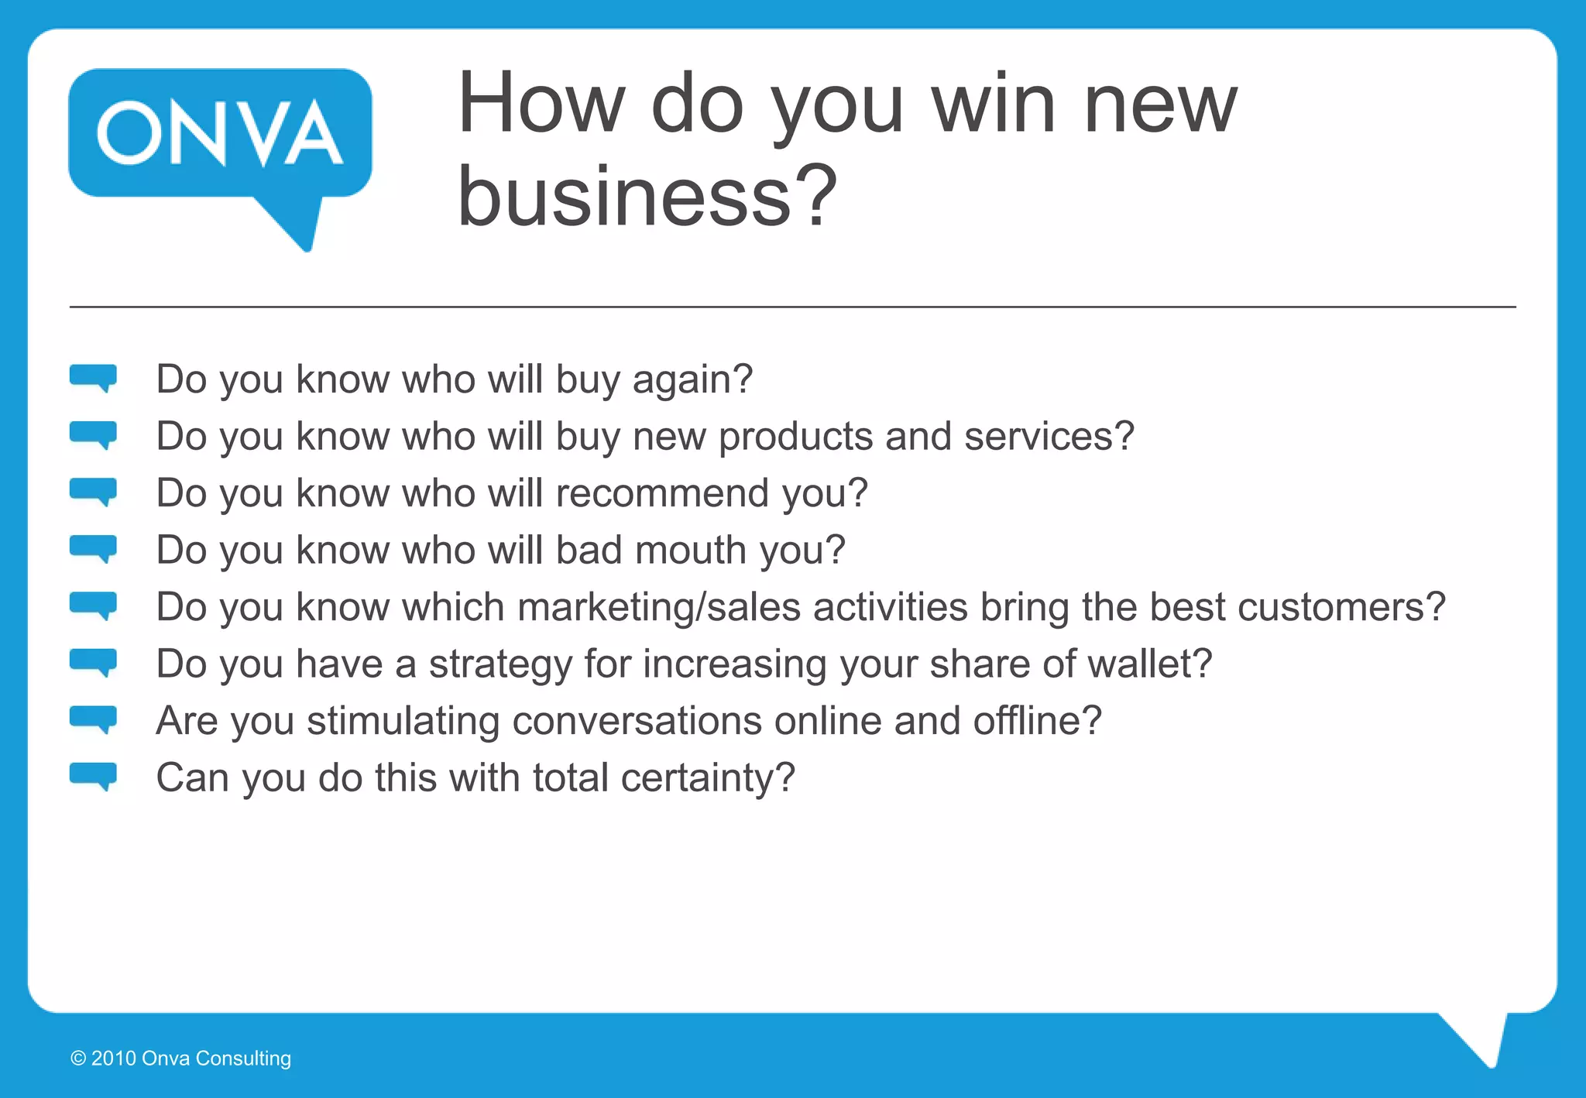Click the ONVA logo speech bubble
pos(220,136)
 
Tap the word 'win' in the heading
pos(993,104)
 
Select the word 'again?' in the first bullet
pos(692,380)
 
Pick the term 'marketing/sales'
pos(659,607)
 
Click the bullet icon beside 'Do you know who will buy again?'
pos(93,378)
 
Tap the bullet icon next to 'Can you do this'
pos(93,776)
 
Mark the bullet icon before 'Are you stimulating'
pos(93,719)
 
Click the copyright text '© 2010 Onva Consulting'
pos(181,1059)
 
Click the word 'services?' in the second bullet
pos(1049,437)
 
